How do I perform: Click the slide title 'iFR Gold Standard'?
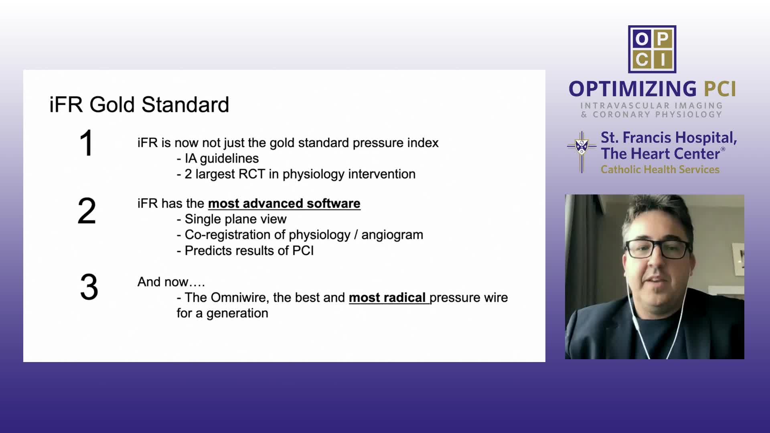(x=139, y=105)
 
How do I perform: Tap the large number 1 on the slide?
(x=87, y=143)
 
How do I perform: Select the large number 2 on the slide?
(x=87, y=211)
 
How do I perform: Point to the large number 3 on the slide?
(x=89, y=287)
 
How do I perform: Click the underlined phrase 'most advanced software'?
(x=284, y=204)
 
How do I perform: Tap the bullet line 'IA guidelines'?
(x=218, y=158)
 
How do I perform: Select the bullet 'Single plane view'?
(x=232, y=219)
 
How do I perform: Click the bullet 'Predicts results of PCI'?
(x=245, y=251)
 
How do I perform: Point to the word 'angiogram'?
(x=392, y=235)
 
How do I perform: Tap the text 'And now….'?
(x=171, y=282)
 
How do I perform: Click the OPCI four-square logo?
(x=652, y=49)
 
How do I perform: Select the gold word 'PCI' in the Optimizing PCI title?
(x=720, y=89)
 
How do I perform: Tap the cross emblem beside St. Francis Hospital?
(x=582, y=152)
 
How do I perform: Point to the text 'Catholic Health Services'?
(x=660, y=170)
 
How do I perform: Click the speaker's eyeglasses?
(x=659, y=249)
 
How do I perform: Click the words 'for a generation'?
(x=223, y=313)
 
